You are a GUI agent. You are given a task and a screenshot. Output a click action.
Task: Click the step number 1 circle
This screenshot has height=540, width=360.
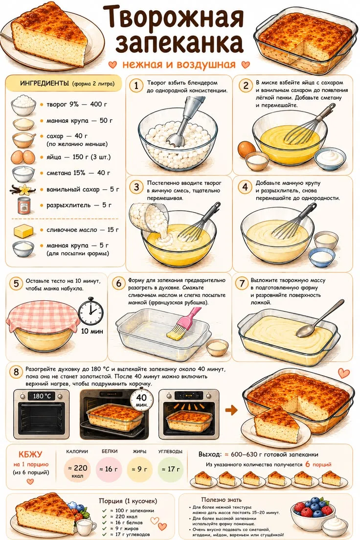pyautogui.click(x=136, y=86)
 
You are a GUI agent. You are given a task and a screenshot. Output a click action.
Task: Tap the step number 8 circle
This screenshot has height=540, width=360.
pyautogui.click(x=16, y=372)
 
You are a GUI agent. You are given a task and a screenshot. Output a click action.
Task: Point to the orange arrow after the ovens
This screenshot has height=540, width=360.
pyautogui.click(x=232, y=410)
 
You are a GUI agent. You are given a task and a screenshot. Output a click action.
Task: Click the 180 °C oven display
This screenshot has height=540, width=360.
pyautogui.click(x=42, y=396)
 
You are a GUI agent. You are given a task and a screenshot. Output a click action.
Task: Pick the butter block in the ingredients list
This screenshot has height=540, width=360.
pyautogui.click(x=23, y=230)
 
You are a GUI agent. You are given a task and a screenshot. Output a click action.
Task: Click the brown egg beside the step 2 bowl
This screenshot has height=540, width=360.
pyautogui.click(x=247, y=148)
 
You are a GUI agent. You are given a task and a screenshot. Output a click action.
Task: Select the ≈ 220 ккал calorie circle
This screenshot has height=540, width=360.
pyautogui.click(x=77, y=469)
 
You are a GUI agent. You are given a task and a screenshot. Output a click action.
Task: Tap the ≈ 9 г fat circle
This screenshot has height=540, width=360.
pyautogui.click(x=139, y=469)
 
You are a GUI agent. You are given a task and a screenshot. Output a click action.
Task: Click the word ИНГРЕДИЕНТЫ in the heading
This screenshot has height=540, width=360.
pyautogui.click(x=45, y=83)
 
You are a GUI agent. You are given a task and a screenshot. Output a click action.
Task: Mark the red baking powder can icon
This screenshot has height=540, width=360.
pyautogui.click(x=24, y=205)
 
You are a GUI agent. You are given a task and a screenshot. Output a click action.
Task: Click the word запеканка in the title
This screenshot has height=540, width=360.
pyautogui.click(x=180, y=43)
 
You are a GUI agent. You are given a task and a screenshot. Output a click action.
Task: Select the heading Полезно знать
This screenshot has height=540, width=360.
pyautogui.click(x=222, y=499)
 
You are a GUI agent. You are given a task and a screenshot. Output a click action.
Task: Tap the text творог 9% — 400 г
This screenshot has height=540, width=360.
pyautogui.click(x=77, y=104)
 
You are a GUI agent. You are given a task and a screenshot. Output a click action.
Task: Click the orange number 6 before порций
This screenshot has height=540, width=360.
pyautogui.click(x=308, y=464)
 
